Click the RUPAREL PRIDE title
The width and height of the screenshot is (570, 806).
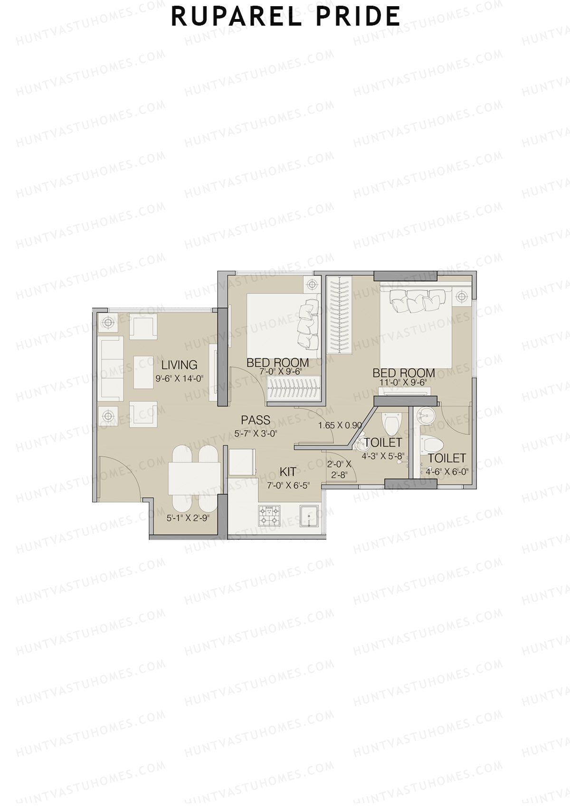[285, 16]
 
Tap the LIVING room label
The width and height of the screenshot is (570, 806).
[179, 365]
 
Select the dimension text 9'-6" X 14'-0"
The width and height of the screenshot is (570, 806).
[179, 379]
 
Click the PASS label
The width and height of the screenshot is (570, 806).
[256, 420]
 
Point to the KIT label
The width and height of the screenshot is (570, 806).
[288, 472]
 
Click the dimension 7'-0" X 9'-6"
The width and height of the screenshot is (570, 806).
[277, 372]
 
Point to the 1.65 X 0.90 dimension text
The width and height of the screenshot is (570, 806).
[340, 426]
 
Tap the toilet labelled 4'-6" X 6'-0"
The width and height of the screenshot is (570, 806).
[446, 458]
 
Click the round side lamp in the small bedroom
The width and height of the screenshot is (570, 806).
[312, 285]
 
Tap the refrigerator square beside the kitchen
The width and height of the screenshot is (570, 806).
[242, 461]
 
